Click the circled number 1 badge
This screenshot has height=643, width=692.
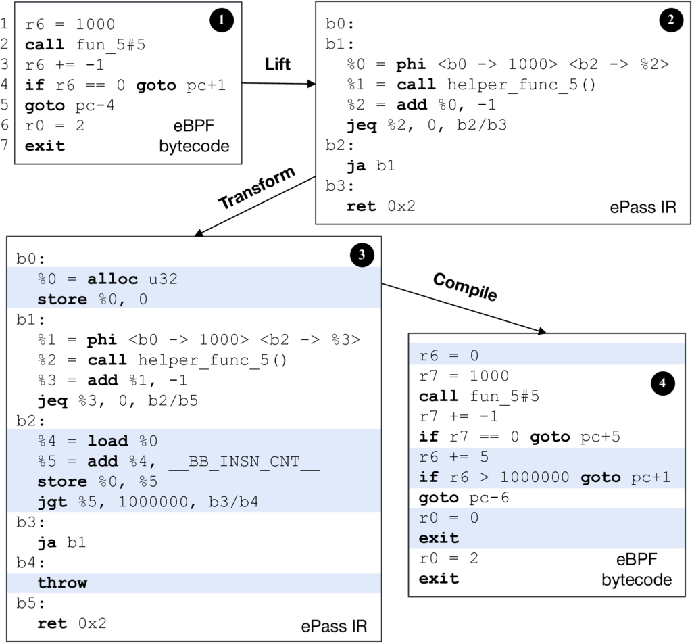click(221, 22)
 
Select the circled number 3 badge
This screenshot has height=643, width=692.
click(361, 255)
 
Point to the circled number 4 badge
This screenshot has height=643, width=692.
click(663, 383)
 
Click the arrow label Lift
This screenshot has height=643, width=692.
click(277, 64)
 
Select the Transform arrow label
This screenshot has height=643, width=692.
click(257, 188)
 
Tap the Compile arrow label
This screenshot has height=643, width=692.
click(465, 287)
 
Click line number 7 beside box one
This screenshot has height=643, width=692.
click(5, 146)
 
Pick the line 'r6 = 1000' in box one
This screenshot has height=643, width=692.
click(70, 25)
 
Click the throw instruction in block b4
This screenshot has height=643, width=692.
click(62, 583)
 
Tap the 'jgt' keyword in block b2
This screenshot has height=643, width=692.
click(52, 502)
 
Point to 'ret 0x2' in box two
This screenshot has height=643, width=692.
click(380, 206)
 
